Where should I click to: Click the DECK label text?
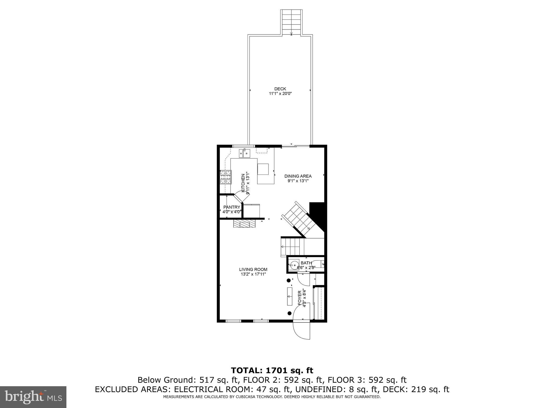280,89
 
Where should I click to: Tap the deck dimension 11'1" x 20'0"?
280,93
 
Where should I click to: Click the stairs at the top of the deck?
291,22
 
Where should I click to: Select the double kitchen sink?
244,153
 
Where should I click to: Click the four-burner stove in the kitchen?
226,177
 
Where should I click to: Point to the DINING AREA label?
298,176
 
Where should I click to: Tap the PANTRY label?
232,207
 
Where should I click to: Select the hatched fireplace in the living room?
244,223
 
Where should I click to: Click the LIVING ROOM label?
253,269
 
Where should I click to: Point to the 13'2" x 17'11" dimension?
253,274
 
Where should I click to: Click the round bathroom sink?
294,265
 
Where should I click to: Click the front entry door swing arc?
301,330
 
